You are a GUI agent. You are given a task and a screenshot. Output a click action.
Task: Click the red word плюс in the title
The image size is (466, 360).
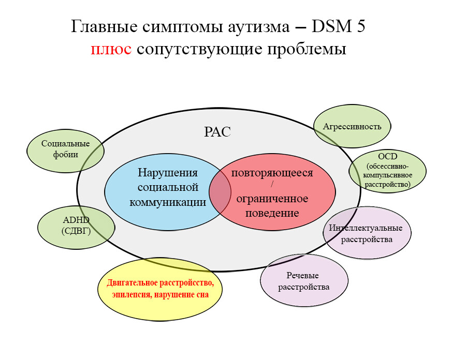[x=111, y=49]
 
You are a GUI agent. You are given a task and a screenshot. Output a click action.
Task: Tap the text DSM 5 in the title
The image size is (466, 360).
[x=338, y=26]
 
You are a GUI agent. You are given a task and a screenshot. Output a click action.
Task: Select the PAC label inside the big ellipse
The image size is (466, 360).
[x=217, y=132]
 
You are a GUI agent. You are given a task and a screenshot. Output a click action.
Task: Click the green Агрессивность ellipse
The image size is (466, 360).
[x=352, y=126]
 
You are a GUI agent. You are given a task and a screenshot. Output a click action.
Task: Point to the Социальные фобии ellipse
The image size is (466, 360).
[x=65, y=151]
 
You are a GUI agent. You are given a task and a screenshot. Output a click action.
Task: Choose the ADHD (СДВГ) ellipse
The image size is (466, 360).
[x=76, y=228]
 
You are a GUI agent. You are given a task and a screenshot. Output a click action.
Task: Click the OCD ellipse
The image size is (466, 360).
[x=387, y=171]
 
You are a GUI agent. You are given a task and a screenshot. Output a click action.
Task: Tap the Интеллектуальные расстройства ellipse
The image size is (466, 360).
[x=367, y=233]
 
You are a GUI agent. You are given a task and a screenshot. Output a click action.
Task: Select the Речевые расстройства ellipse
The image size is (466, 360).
[x=304, y=280]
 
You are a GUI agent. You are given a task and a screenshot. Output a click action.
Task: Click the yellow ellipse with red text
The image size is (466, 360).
[x=160, y=289]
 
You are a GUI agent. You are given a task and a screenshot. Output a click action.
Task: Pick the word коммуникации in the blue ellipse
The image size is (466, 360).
[x=168, y=202]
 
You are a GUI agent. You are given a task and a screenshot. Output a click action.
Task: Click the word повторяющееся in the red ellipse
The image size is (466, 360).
[x=272, y=173]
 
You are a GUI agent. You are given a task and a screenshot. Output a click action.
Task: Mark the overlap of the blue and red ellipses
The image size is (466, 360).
[x=220, y=192]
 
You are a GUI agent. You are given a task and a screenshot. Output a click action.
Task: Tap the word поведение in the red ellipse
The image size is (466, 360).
[x=272, y=213]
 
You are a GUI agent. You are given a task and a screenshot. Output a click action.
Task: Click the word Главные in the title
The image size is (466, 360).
[x=104, y=26]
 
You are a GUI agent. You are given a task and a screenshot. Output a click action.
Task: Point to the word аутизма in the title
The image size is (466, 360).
[x=258, y=27]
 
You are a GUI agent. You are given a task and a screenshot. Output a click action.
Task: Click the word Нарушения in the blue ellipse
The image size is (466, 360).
[x=168, y=173]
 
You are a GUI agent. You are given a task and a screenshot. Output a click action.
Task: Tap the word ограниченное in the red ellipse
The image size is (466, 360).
[x=272, y=199]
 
